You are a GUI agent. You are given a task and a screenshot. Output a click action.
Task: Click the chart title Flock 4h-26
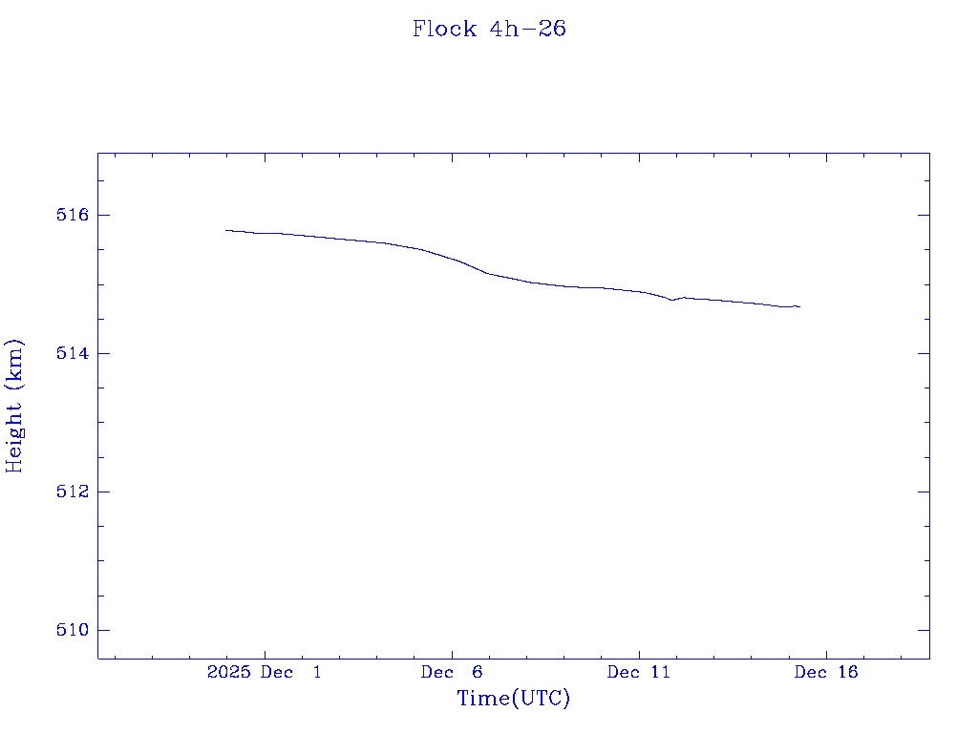(489, 29)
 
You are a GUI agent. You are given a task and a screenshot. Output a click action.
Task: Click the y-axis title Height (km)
(14, 405)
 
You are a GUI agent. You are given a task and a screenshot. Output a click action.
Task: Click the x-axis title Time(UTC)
(513, 699)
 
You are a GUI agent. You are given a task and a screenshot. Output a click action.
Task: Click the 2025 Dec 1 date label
(264, 673)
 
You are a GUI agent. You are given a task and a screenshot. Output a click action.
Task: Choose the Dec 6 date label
(452, 673)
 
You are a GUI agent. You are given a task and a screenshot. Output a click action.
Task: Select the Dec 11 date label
(639, 673)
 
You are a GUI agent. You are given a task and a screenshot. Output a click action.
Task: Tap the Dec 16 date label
(826, 673)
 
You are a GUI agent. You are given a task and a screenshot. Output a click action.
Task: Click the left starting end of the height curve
(226, 230)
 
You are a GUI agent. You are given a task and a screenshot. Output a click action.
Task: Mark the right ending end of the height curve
(799, 306)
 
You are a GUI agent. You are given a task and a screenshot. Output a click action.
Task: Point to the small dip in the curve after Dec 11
(672, 300)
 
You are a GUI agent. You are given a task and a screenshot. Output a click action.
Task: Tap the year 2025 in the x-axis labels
(229, 673)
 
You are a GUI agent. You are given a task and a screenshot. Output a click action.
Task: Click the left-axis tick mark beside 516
(103, 215)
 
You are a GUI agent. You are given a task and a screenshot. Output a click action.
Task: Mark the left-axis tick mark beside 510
(103, 630)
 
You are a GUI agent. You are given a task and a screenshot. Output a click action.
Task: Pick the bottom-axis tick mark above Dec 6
(452, 653)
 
